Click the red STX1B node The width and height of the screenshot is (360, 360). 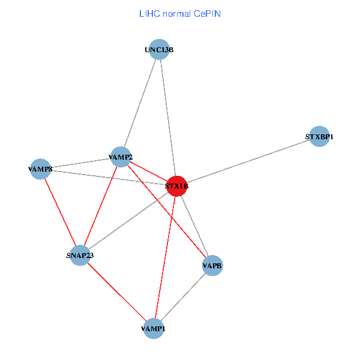coord(176,187)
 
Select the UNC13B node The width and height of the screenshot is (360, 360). coord(159,50)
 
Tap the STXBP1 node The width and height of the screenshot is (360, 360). coord(319,137)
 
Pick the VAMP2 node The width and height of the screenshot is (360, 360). coord(121,157)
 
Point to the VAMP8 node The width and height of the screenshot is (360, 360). coord(40,169)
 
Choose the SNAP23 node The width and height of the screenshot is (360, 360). coord(80,256)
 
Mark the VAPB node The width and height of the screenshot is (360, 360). coord(212,265)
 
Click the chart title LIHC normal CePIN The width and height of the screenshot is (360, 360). coord(179,13)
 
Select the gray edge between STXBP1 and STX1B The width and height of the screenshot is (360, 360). coord(248,162)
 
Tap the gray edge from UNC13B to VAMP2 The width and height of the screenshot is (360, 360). coord(140,103)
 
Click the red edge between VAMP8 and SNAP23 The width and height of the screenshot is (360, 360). coord(60,212)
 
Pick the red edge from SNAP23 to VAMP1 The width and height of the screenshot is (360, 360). coord(116,292)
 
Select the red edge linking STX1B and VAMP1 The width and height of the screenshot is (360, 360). coord(165,258)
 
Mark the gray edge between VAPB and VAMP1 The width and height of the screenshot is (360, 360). coord(183,297)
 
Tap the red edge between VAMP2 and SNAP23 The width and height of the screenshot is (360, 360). coord(100,206)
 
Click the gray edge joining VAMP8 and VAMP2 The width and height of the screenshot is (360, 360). coord(80,163)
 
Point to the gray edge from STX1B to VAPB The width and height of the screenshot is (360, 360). coord(194,226)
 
